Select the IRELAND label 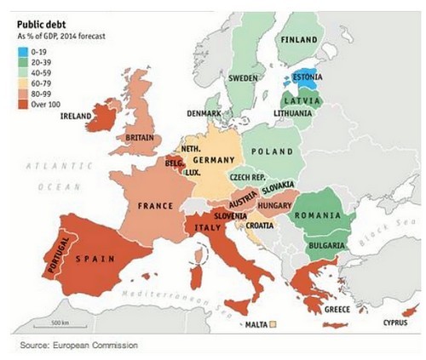78,117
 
